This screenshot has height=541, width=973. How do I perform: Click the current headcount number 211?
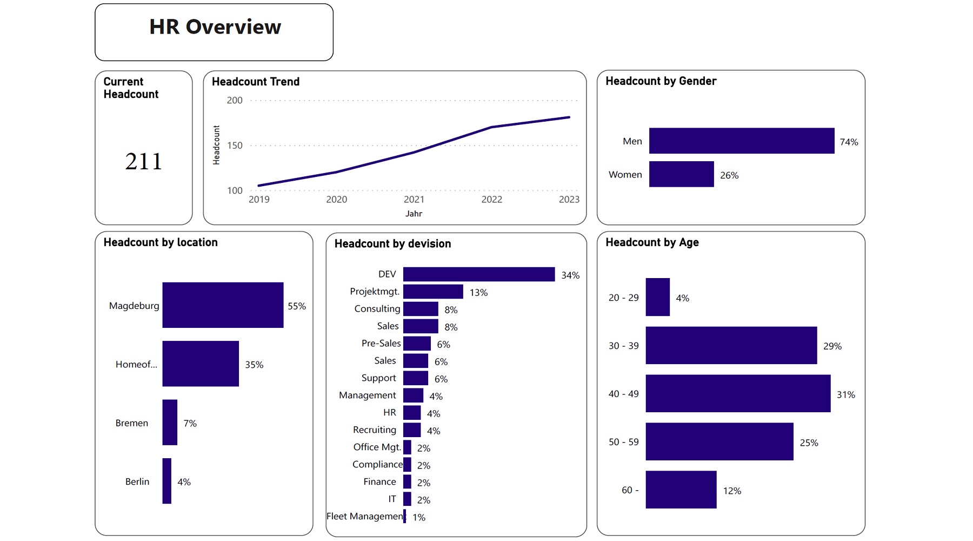[144, 161]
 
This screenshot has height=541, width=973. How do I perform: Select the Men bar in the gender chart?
[741, 141]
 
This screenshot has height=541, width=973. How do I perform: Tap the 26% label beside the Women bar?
[729, 175]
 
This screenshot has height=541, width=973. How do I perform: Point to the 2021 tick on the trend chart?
[414, 200]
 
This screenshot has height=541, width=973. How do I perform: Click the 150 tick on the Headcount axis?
[235, 146]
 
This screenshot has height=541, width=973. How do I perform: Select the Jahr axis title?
[414, 214]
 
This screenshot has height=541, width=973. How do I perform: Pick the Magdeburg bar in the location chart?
[223, 305]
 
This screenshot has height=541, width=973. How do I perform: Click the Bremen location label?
[131, 423]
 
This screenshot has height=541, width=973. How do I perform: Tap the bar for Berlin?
[167, 481]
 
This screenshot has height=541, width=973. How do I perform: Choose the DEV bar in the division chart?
[478, 274]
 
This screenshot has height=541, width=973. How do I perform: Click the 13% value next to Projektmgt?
[478, 293]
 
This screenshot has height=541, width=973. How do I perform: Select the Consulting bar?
[421, 309]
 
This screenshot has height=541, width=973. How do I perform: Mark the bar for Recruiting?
[412, 430]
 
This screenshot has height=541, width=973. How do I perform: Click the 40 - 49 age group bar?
[737, 393]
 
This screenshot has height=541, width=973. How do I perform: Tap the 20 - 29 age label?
[623, 298]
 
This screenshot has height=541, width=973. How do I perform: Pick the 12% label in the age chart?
[732, 491]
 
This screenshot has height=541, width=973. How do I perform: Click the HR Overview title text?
[215, 27]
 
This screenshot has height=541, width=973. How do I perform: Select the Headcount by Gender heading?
[661, 81]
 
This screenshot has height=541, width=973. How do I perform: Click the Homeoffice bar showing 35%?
[201, 364]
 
